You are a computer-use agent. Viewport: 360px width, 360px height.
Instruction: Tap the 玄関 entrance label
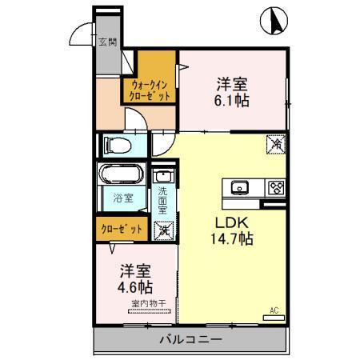106,42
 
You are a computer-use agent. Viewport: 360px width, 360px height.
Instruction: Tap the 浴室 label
122,196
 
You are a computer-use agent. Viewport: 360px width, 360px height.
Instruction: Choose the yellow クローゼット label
122,229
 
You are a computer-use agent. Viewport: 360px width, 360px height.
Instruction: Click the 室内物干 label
145,304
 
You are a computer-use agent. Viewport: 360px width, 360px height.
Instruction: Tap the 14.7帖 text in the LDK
232,238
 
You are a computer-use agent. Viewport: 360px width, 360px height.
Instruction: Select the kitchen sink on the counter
241,188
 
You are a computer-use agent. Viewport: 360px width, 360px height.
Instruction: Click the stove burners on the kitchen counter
276,188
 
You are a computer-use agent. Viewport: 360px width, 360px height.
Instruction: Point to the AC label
273,310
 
